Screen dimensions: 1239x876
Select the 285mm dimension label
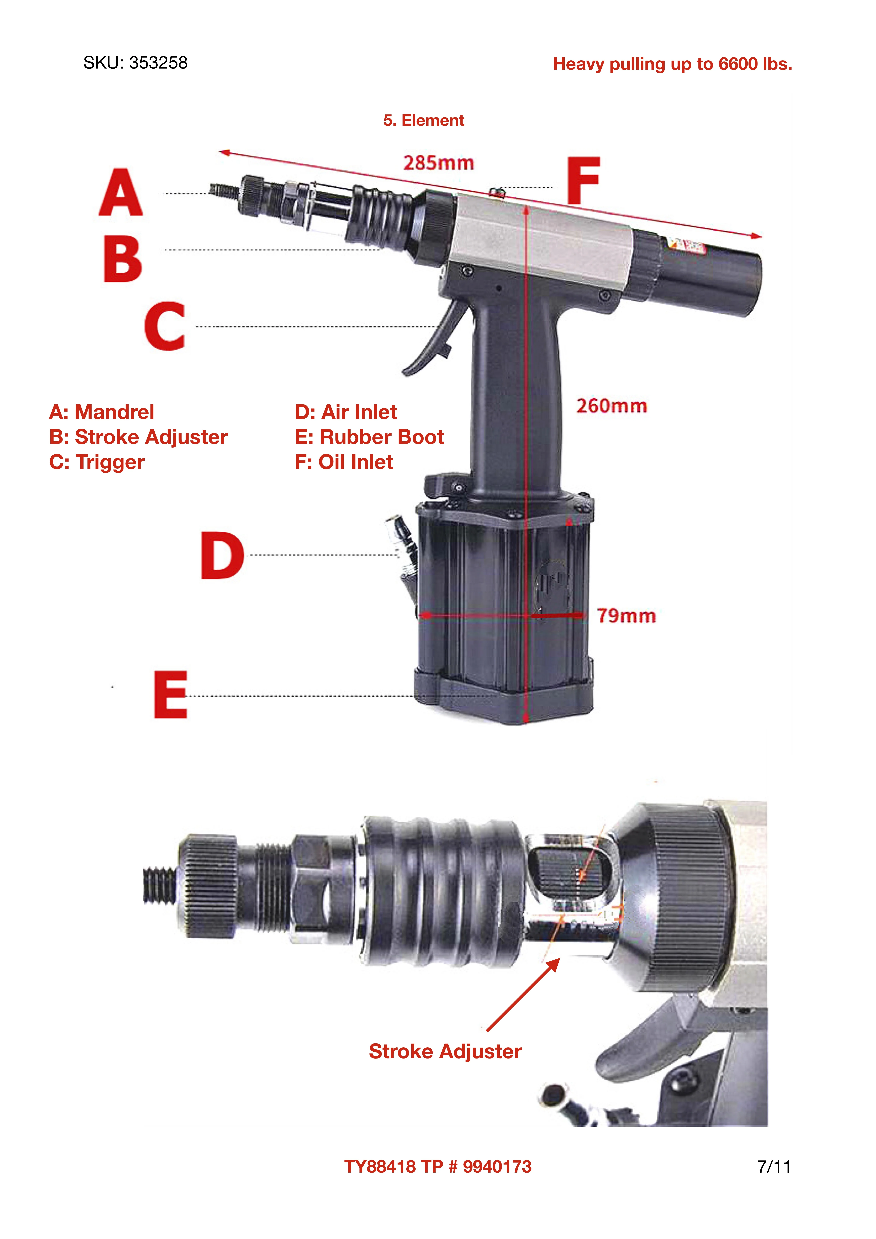(438, 163)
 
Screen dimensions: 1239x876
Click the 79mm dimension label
(626, 616)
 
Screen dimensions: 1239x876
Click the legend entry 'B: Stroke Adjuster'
(138, 437)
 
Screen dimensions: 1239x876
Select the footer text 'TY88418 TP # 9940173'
(438, 1167)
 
